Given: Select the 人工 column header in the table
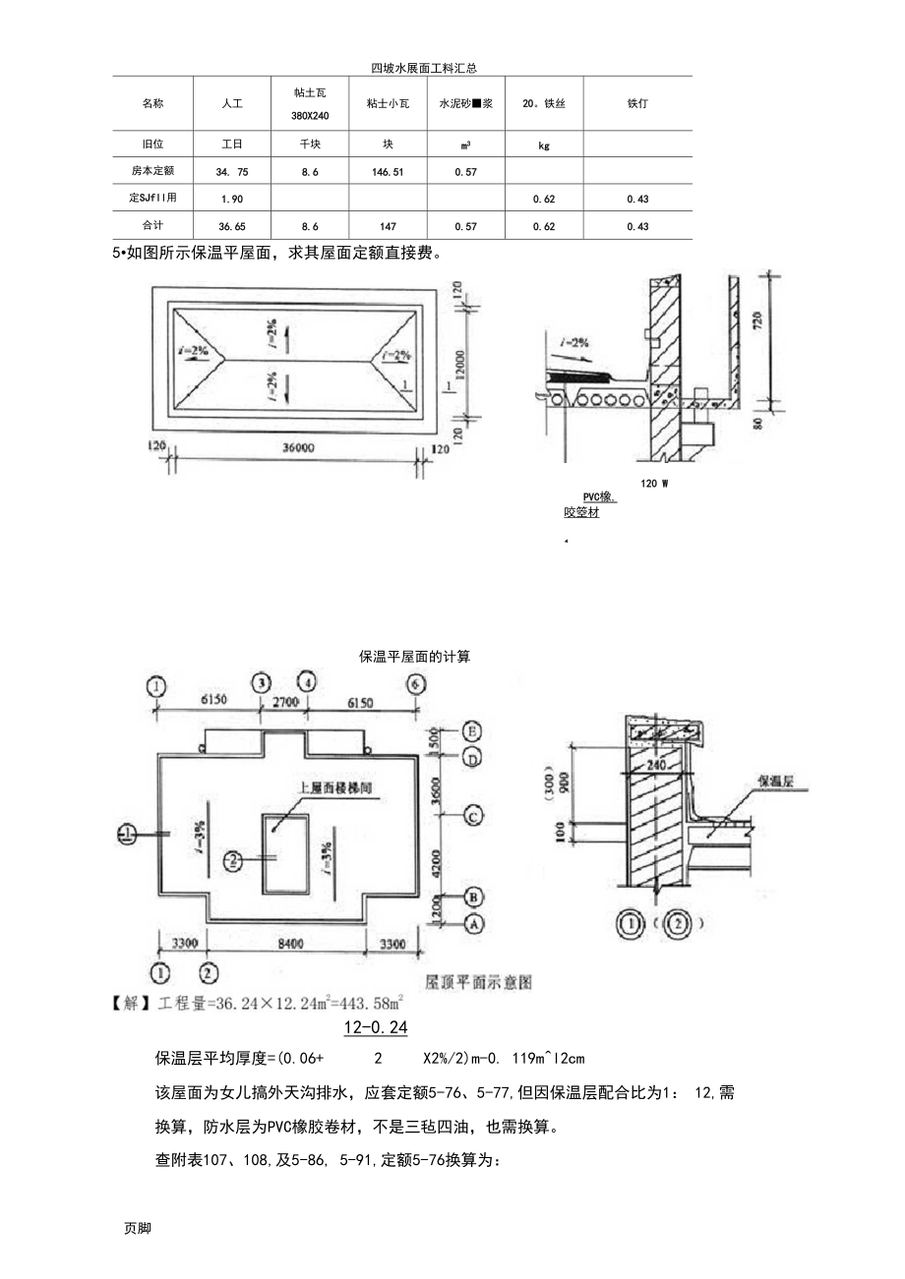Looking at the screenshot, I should [x=232, y=102].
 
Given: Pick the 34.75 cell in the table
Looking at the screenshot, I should [x=232, y=171].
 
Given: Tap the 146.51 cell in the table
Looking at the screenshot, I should [x=388, y=171].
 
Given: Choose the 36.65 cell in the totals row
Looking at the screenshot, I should [x=232, y=226].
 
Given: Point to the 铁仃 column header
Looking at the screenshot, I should [x=637, y=102].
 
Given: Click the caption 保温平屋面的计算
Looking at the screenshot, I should [x=415, y=656].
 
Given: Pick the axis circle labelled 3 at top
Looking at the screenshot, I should [x=261, y=682].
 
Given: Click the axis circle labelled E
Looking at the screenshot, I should [x=472, y=731].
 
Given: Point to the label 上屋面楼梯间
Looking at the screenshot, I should [x=334, y=787].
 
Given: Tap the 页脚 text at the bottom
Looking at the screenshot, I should [x=138, y=1228].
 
